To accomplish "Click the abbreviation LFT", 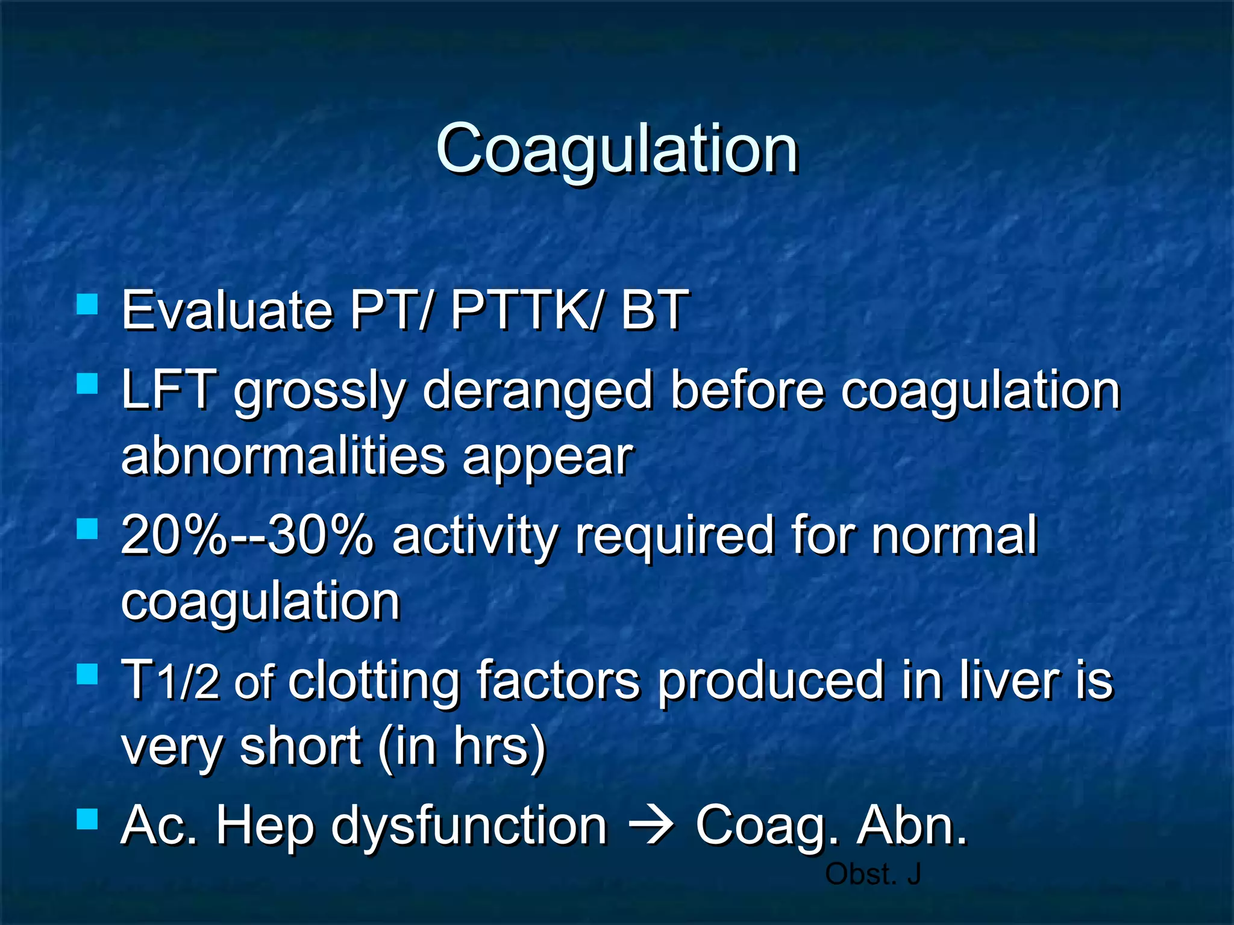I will [169, 390].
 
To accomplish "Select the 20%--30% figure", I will [247, 535].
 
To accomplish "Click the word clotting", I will [374, 682].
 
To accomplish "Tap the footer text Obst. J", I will [872, 874].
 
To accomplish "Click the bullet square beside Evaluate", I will [87, 304].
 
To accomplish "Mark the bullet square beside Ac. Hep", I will [87, 819].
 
